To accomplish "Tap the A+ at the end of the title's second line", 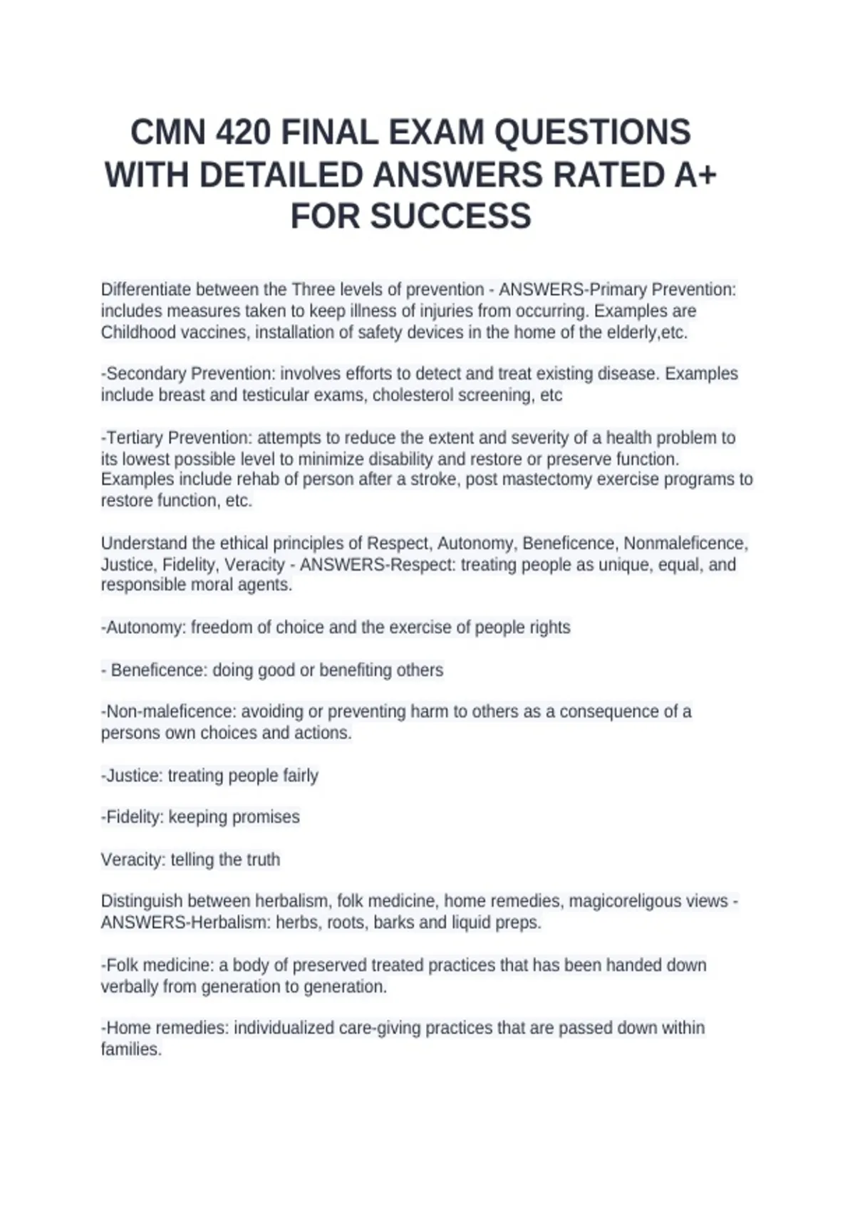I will click(690, 175).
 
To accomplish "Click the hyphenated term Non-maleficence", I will click(168, 712).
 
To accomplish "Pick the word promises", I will click(264, 817).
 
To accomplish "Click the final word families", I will click(131, 1049).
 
